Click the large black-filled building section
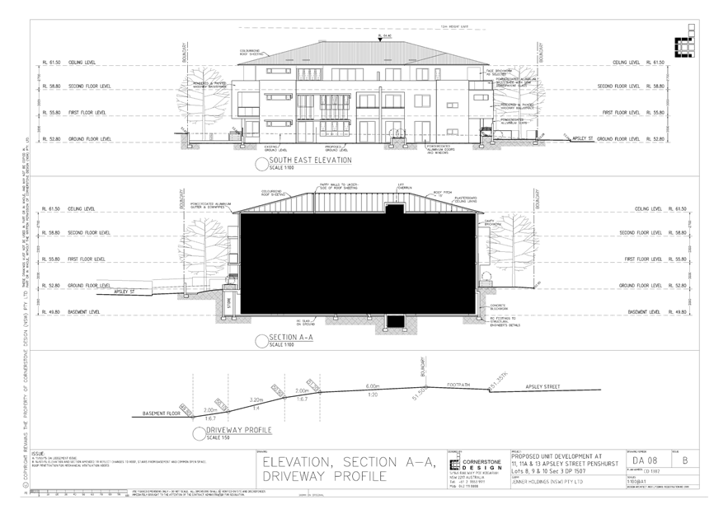click(356, 264)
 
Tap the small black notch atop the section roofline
click(394, 210)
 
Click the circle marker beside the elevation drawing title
click(261, 163)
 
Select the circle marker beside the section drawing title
click(261, 339)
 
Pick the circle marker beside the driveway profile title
click(199, 433)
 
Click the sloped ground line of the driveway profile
click(330, 394)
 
